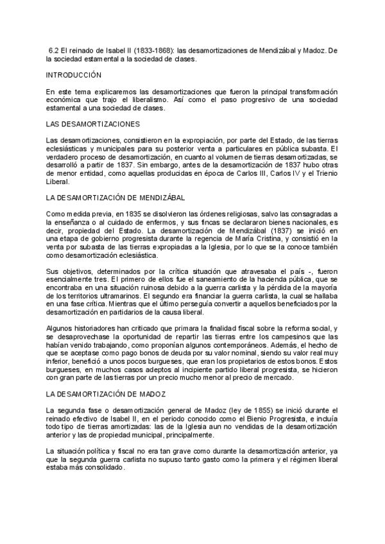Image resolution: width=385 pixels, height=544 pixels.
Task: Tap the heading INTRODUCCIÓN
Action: tap(74, 76)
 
